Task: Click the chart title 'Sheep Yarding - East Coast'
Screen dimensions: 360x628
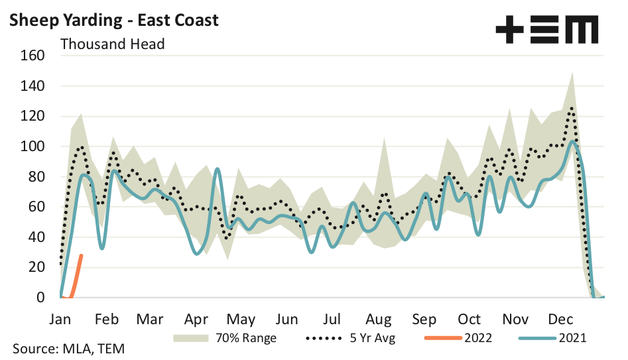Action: [113, 20]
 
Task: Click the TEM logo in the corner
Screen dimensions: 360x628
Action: [546, 30]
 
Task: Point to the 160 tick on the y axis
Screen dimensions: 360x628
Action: [33, 56]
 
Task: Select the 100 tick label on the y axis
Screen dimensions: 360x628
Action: [33, 147]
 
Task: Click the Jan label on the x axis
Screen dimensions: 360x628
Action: [60, 319]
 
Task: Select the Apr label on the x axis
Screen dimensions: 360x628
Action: [197, 319]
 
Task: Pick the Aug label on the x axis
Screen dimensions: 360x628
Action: [379, 319]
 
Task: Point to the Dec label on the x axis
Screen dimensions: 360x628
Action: [561, 319]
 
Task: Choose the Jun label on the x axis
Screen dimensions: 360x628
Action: [287, 319]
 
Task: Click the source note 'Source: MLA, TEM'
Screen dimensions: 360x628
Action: [67, 349]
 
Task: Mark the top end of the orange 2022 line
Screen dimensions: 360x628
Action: [82, 255]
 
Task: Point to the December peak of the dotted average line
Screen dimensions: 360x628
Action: [571, 107]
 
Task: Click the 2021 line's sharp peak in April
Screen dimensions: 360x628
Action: [218, 169]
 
